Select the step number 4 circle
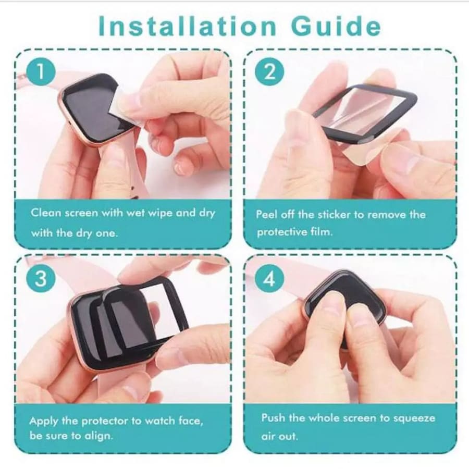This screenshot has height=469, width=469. (x=269, y=280)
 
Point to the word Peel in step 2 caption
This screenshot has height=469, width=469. (x=267, y=215)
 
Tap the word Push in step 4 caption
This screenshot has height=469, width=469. (x=273, y=418)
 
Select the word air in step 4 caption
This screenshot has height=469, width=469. (x=269, y=436)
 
